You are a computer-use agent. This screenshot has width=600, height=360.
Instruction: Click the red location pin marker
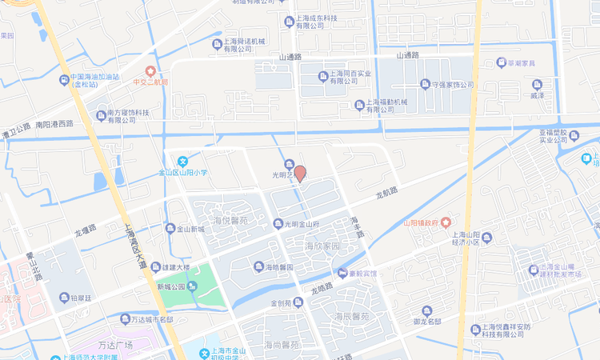(x=300, y=173)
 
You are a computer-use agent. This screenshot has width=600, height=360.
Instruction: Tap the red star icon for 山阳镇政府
(x=446, y=222)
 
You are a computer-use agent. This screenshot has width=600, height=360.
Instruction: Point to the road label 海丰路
(x=357, y=226)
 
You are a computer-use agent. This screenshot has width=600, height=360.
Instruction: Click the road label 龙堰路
(x=86, y=231)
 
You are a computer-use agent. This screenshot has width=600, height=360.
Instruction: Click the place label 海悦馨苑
(x=231, y=219)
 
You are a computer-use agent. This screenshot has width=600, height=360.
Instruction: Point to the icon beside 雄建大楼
(x=154, y=268)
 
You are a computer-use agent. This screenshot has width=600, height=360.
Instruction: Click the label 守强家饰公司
(x=453, y=84)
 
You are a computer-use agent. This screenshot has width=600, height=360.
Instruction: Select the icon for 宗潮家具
(x=502, y=62)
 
